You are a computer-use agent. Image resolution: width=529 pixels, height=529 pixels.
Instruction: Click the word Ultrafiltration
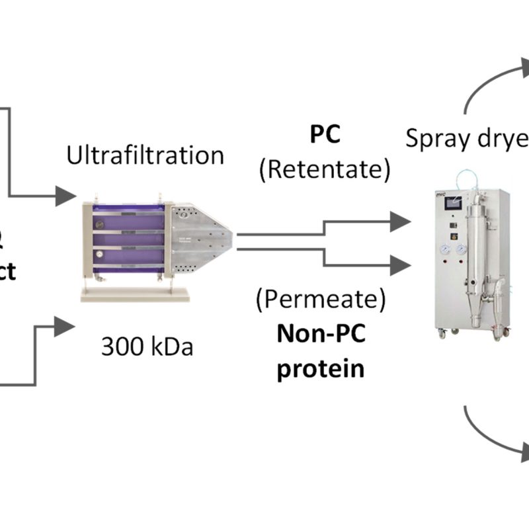[145, 155]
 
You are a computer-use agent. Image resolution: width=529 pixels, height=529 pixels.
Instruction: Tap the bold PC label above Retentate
[325, 136]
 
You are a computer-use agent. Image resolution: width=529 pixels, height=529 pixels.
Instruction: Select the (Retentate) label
[324, 170]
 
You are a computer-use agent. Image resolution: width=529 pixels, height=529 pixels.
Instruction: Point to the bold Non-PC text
[321, 335]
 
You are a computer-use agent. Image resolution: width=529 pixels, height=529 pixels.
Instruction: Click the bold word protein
[321, 368]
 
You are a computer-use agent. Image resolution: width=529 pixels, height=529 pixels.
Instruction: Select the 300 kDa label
[147, 346]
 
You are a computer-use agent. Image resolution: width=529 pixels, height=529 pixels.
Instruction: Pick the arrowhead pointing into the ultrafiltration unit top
[65, 194]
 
